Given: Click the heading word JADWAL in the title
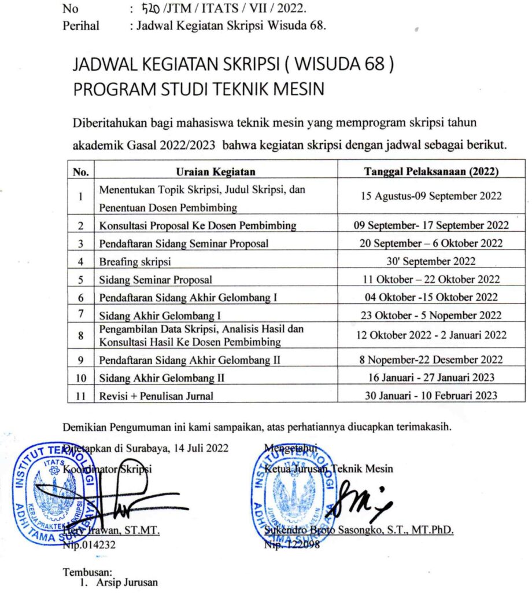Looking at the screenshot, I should [106, 65].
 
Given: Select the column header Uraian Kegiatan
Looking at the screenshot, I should [215, 171].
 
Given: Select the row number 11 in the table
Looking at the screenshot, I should [82, 396].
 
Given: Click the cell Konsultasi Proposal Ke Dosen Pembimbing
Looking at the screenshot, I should [197, 225].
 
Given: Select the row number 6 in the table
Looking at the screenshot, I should [82, 298].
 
